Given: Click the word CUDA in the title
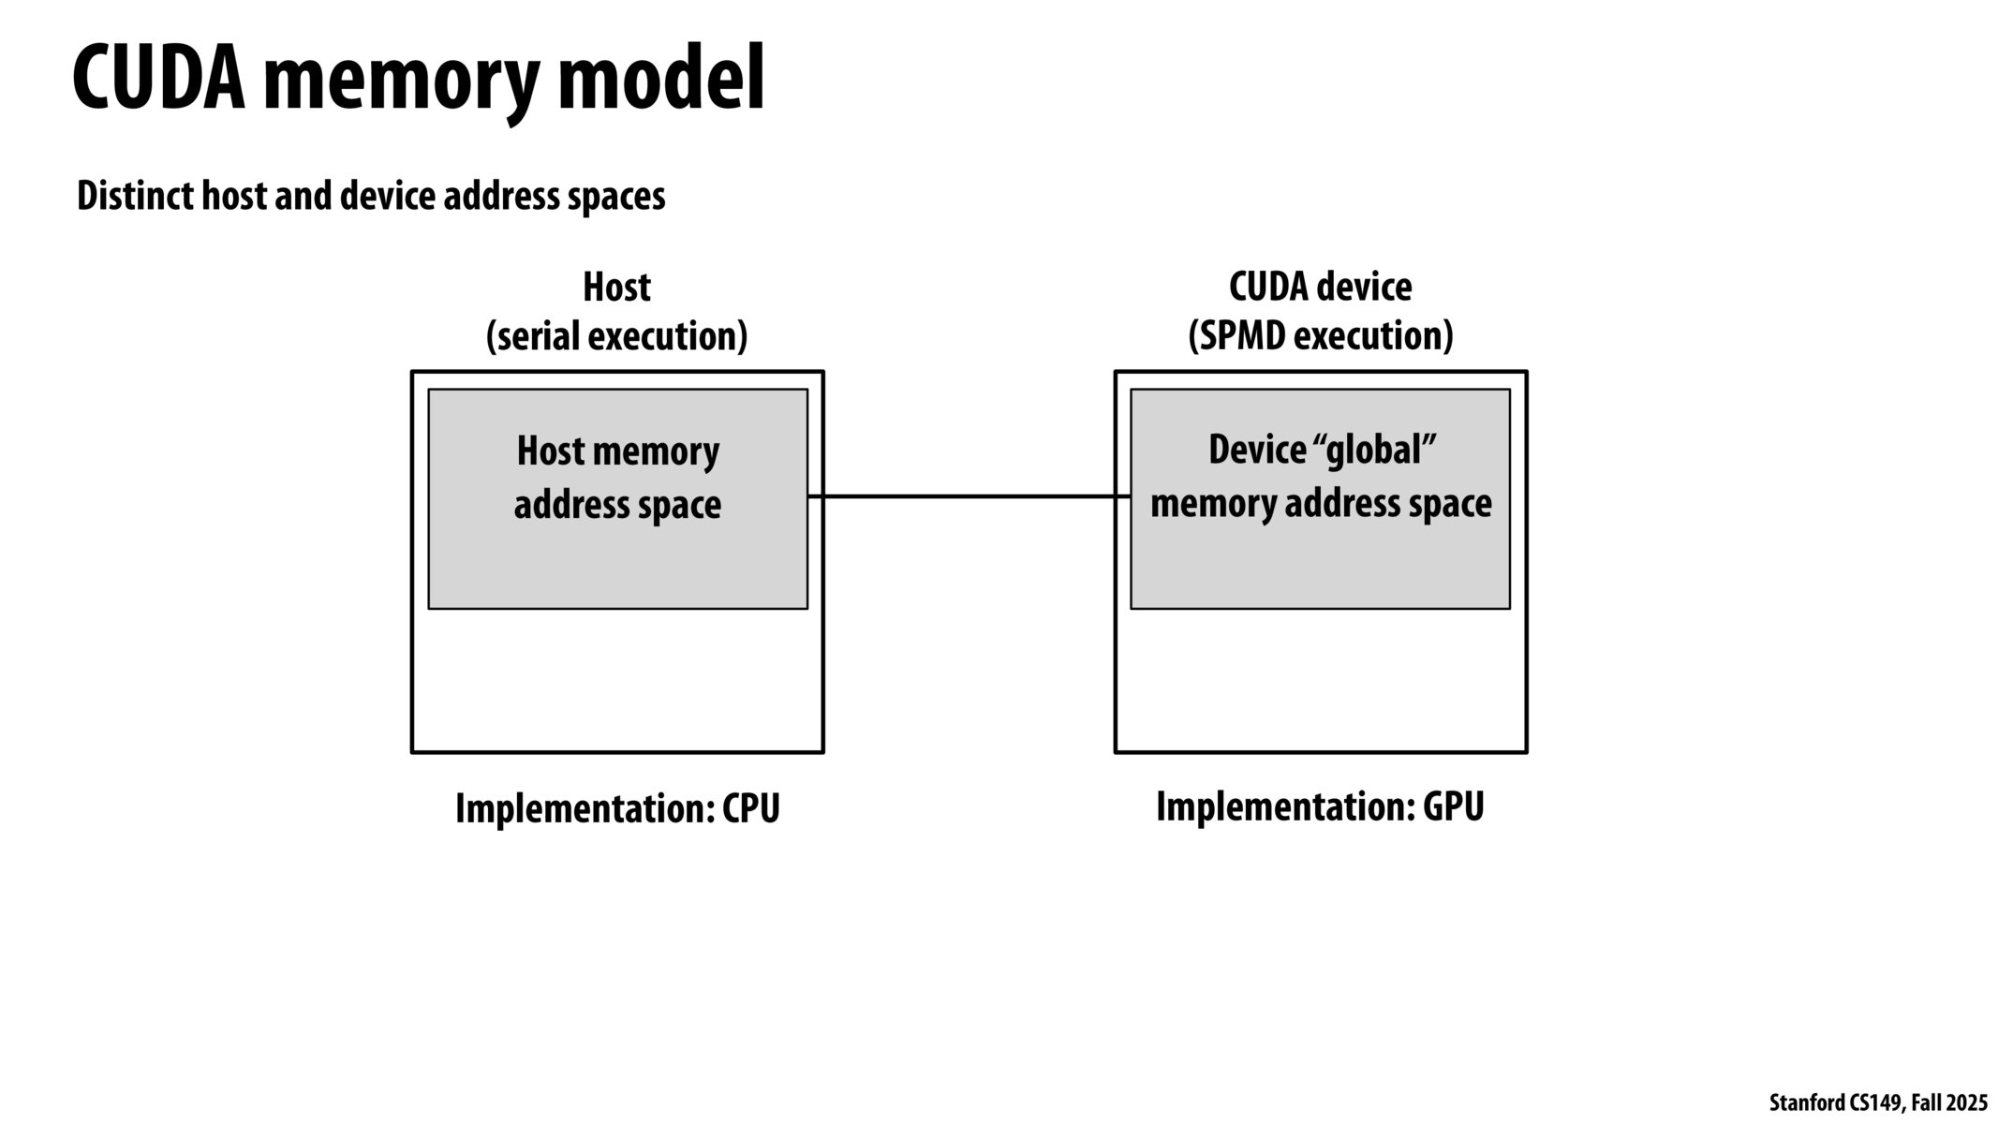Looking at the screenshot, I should pos(159,80).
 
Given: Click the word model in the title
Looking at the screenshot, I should pos(660,80).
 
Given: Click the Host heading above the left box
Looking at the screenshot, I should pos(616,287).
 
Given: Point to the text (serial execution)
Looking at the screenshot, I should pos(616,336).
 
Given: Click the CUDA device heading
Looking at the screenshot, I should pos(1320,287).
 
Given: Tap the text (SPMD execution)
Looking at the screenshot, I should pos(1320,336).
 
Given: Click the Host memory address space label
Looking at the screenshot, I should pos(617,478).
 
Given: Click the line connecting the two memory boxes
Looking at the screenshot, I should pos(969,496).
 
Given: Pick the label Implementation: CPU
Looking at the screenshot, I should pos(617,808).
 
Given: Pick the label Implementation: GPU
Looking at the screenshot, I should pos(1320,806).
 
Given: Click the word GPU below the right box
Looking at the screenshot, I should pos(1453,806).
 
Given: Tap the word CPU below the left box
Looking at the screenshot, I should pos(750,808).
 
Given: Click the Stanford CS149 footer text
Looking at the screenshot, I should pos(1836,1103).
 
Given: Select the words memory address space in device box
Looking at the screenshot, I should pos(1320,504).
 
